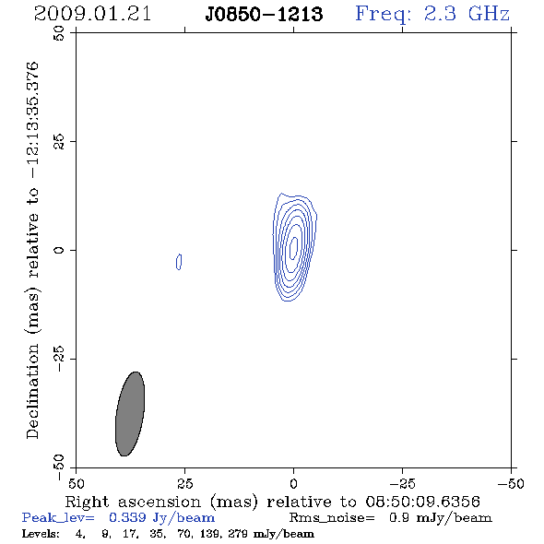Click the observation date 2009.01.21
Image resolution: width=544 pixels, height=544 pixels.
coord(92,14)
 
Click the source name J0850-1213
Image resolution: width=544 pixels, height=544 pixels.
coord(264,14)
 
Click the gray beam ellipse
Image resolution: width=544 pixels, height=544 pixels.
coord(130,414)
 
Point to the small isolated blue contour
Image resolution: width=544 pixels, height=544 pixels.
coord(179,262)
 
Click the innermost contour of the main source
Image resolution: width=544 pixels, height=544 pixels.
coord(294,248)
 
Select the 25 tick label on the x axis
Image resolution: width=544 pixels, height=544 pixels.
coord(184,483)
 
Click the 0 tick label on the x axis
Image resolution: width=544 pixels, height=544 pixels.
coord(293,483)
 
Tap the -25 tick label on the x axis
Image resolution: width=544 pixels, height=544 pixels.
coord(402,483)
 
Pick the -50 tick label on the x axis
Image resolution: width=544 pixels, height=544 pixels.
coord(511,483)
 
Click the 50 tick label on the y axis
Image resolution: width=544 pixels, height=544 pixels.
coord(59,33)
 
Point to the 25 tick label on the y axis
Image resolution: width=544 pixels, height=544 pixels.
coord(59,142)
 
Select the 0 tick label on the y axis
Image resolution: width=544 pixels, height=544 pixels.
coord(59,250)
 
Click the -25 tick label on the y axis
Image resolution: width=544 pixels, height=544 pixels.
coord(59,359)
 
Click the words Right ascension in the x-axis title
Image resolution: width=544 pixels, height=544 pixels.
coord(133,502)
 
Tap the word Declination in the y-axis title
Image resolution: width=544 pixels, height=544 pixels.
coord(32,392)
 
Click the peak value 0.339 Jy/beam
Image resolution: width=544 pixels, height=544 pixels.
coord(161,518)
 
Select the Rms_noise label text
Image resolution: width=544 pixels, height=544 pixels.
coord(332,518)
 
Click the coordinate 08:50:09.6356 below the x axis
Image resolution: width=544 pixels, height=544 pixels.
coord(422,502)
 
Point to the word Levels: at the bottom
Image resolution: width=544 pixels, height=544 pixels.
coord(41,534)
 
